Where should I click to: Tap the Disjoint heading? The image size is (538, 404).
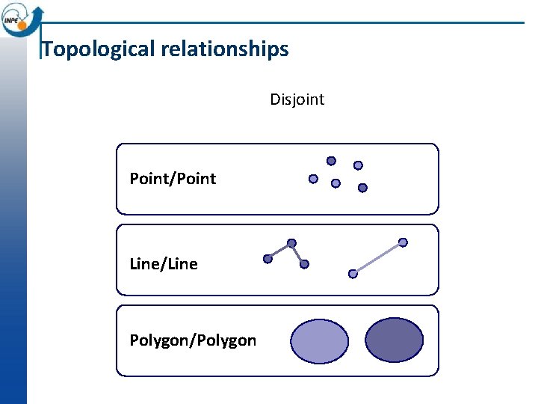click(297, 100)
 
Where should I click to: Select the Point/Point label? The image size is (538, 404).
click(173, 179)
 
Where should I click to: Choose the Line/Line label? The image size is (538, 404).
click(164, 264)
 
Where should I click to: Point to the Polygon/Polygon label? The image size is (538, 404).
click(193, 341)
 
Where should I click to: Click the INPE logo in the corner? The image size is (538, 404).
click(21, 19)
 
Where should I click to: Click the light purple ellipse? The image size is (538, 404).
click(319, 341)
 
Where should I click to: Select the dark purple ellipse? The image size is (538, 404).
click(394, 340)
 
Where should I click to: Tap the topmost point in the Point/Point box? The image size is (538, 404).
click(331, 160)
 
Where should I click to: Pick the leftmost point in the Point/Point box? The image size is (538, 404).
click(313, 179)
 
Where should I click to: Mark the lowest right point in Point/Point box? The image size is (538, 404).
click(362, 188)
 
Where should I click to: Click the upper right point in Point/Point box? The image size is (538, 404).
click(358, 165)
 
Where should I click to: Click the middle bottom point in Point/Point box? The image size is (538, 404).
click(336, 183)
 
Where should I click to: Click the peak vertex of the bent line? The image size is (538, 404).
click(291, 243)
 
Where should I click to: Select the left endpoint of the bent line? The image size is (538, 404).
click(268, 259)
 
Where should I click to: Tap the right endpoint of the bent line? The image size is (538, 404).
click(304, 264)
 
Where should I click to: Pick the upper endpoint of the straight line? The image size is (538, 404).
click(403, 242)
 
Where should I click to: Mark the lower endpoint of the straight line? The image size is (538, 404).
click(353, 274)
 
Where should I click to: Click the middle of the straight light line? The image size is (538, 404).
click(378, 258)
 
